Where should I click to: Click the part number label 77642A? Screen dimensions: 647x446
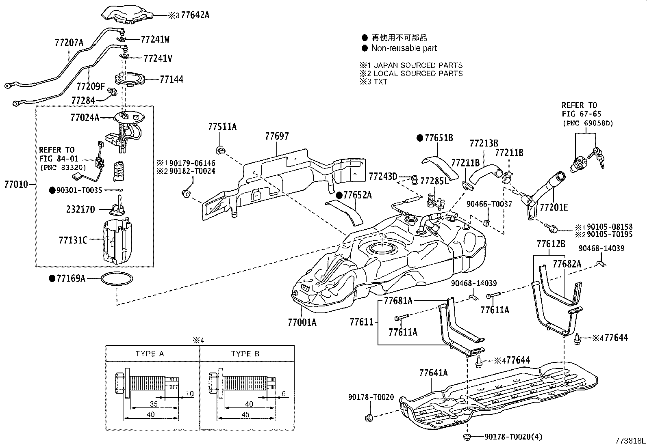click(195, 15)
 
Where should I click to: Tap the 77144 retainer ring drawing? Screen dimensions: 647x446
click(130, 79)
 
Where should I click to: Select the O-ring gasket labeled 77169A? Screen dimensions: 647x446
click(117, 279)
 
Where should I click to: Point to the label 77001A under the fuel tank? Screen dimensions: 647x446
click(302, 322)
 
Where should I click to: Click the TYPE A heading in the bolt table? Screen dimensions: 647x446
click(150, 354)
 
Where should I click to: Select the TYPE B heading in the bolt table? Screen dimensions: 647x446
click(245, 354)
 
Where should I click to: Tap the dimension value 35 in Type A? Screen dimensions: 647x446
click(154, 404)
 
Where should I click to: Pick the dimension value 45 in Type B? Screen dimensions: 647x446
click(245, 415)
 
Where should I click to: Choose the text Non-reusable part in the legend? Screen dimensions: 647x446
click(404, 48)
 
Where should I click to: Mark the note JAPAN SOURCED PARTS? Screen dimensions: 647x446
click(418, 65)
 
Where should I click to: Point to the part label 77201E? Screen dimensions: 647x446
click(554, 207)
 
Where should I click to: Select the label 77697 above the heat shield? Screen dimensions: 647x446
click(277, 136)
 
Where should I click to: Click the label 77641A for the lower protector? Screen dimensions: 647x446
click(433, 373)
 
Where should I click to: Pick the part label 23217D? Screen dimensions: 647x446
click(80, 209)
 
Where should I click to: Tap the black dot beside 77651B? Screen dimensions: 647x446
click(420, 138)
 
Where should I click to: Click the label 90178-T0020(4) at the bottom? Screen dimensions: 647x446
click(513, 437)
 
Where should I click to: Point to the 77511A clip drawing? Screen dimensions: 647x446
click(221, 150)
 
